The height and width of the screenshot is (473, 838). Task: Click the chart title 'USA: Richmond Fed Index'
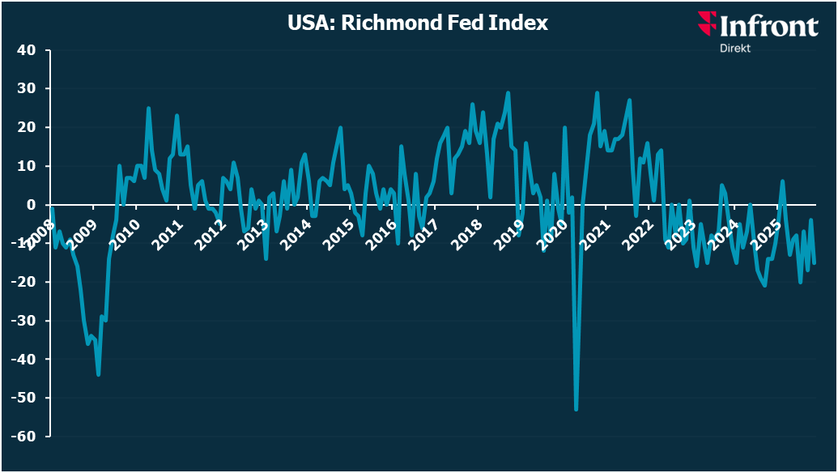[x=418, y=23]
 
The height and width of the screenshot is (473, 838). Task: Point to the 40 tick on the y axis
[x=27, y=50]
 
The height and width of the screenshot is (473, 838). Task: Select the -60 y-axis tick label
[x=23, y=437]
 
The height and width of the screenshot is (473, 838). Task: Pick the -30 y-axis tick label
[x=23, y=321]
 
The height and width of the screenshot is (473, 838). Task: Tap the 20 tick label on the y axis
[x=27, y=127]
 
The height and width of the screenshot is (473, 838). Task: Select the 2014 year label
[x=298, y=231]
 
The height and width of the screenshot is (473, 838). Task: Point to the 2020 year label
[x=555, y=231]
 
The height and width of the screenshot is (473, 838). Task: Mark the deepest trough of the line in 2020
[x=576, y=410]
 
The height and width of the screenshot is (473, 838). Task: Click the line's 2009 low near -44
[x=98, y=374]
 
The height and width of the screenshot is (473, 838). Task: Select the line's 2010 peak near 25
[x=148, y=108]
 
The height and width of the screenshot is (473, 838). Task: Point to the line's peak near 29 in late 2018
[x=508, y=92]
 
